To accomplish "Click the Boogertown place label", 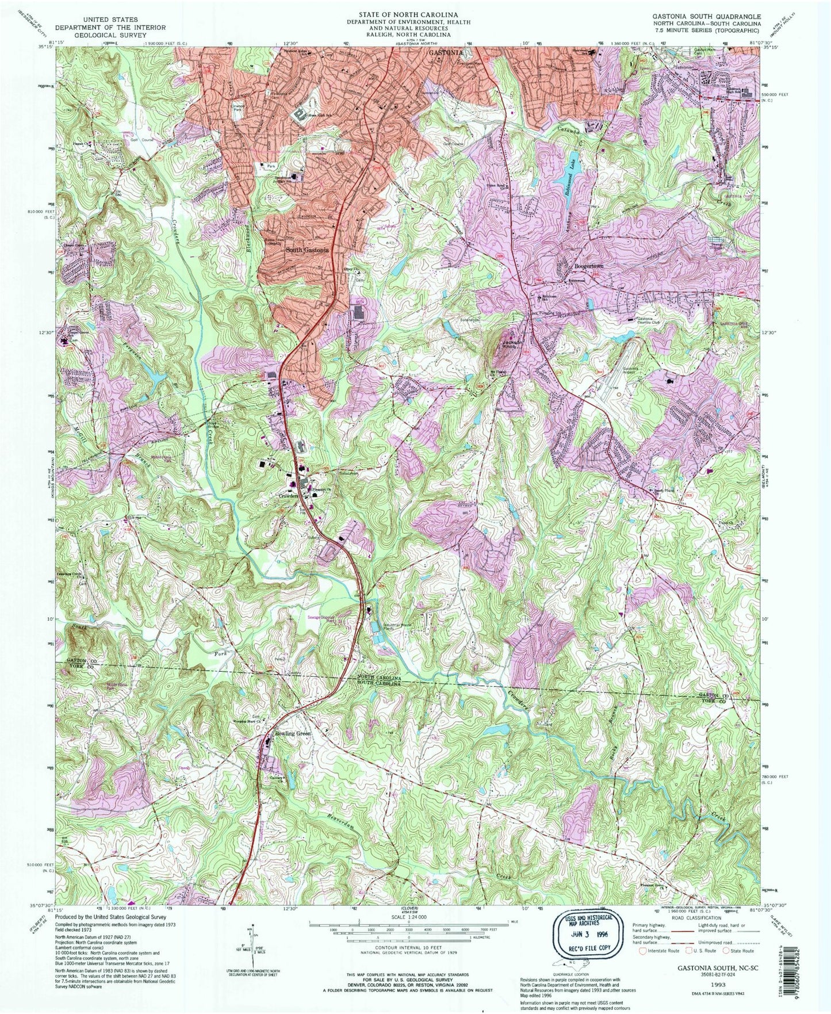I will [x=576, y=267].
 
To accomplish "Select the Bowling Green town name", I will [x=293, y=734].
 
